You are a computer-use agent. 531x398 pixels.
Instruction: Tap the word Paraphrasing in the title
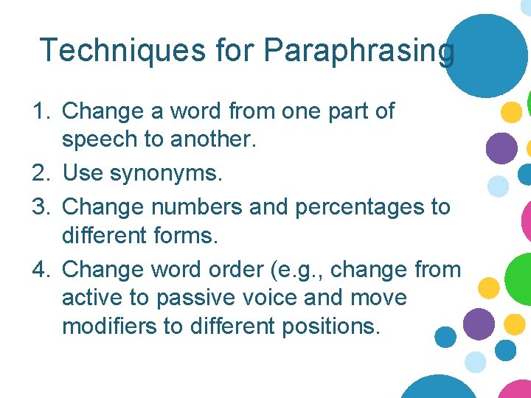358,51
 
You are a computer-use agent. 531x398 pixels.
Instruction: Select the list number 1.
41,111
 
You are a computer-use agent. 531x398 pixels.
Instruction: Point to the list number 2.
41,174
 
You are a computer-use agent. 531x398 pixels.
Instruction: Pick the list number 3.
41,206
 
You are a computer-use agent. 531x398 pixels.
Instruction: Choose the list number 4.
41,270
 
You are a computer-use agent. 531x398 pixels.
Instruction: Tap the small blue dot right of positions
445,338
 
